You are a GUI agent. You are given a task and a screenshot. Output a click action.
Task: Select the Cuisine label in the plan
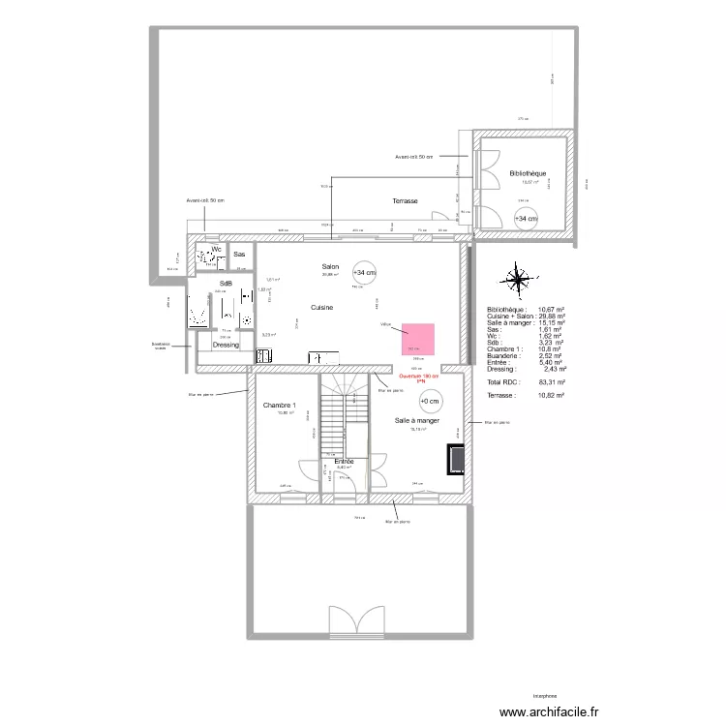coord(322,307)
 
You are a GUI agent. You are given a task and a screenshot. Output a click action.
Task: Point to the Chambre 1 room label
coord(280,406)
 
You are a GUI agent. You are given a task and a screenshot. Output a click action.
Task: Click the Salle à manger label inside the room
coord(417,421)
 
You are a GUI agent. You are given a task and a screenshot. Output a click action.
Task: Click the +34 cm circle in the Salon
coord(365,272)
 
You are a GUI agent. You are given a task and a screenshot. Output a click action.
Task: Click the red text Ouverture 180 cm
coord(419,377)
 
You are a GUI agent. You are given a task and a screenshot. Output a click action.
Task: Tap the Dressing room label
coord(226,345)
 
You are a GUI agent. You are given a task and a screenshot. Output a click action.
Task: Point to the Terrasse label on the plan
coord(405,201)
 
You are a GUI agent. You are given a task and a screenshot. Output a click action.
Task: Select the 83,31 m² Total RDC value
coord(552,382)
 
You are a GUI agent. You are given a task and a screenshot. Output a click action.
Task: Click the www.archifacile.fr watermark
coord(549,710)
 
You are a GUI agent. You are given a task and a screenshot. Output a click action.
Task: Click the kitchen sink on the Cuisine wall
coord(323,358)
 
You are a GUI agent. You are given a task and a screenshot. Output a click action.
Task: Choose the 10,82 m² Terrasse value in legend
coord(552,396)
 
